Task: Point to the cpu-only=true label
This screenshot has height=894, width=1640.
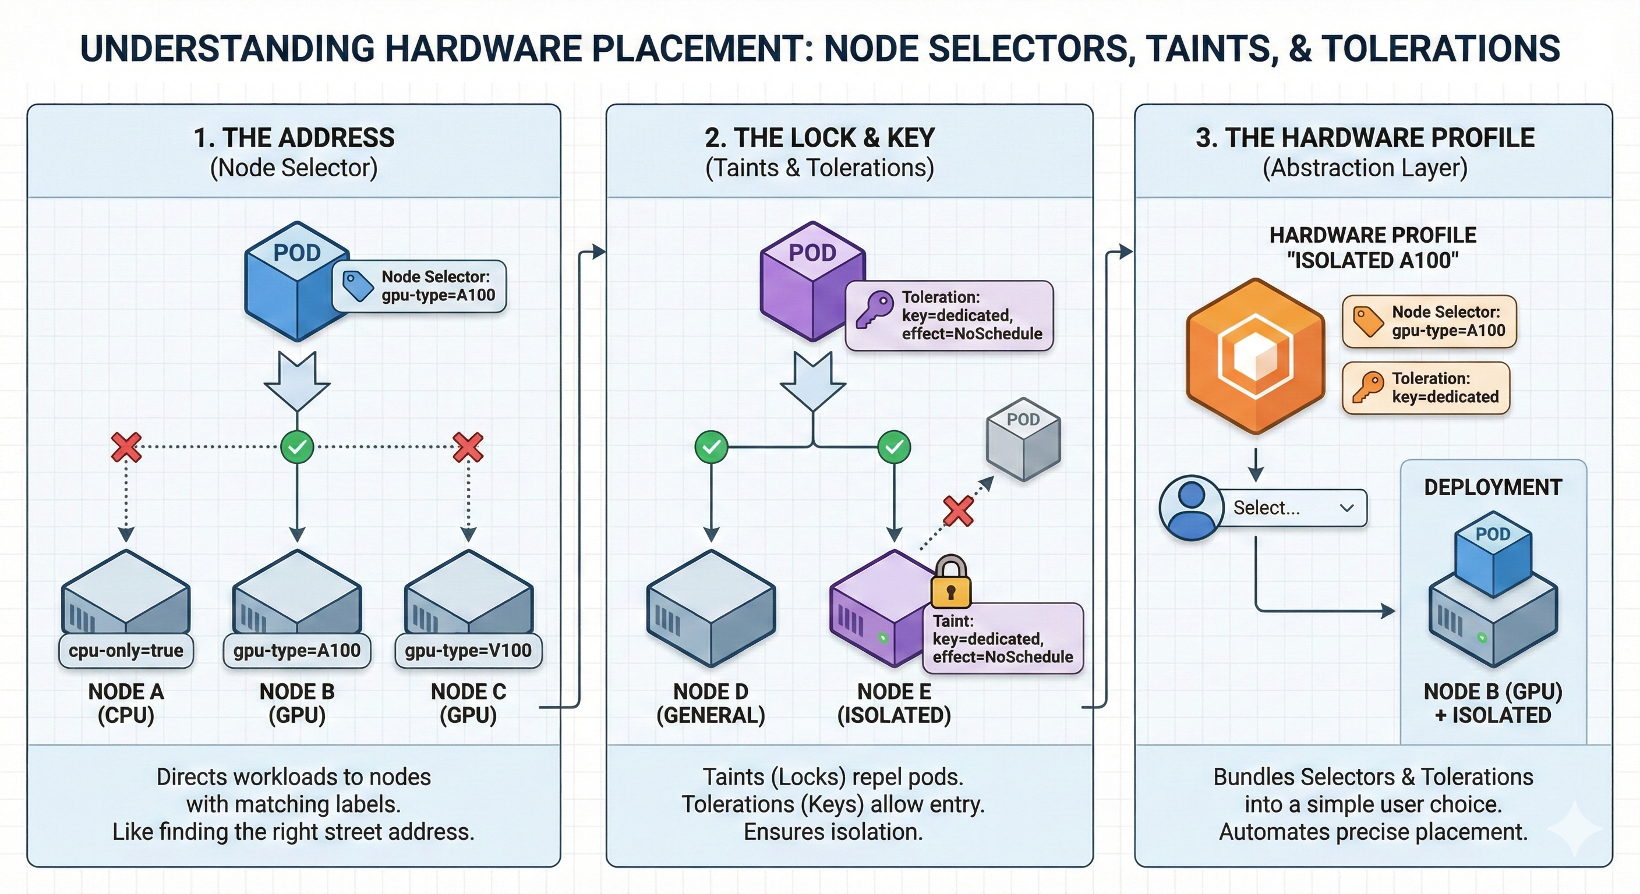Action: [126, 650]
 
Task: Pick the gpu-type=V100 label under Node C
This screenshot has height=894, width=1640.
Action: [468, 650]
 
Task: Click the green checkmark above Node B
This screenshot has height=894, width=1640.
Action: [298, 448]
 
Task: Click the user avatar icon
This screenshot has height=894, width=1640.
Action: [1191, 508]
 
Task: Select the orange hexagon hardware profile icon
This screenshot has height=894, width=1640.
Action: [1256, 356]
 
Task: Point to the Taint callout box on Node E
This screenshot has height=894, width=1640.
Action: [1003, 638]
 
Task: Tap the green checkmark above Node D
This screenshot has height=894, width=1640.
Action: [711, 448]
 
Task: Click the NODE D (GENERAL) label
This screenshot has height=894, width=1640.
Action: [711, 703]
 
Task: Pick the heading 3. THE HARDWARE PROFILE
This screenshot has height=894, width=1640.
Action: [1365, 138]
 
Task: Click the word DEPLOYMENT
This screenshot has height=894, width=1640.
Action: [1493, 487]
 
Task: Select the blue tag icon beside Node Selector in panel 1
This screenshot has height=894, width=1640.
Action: [358, 286]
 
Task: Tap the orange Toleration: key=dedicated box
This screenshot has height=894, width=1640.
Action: [1426, 388]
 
